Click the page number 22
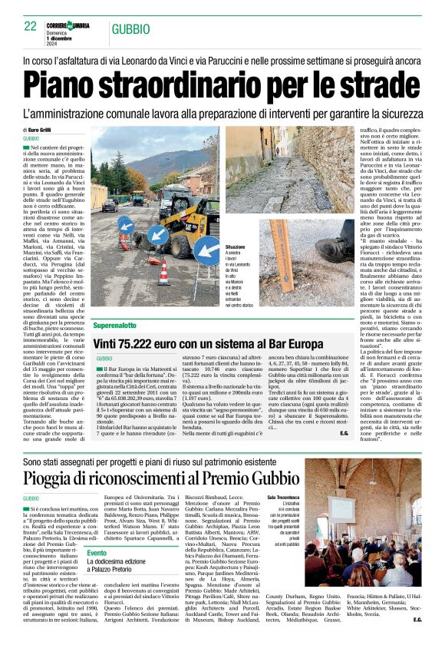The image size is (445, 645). [x=30, y=26]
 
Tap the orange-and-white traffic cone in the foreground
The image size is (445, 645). [x=163, y=272]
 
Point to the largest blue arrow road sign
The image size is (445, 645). [x=158, y=234]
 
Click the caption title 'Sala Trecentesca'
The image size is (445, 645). [x=283, y=498]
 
